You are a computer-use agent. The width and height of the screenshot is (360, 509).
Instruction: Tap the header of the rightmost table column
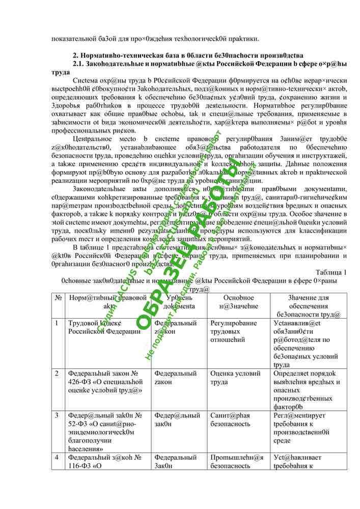pos(309,306)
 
